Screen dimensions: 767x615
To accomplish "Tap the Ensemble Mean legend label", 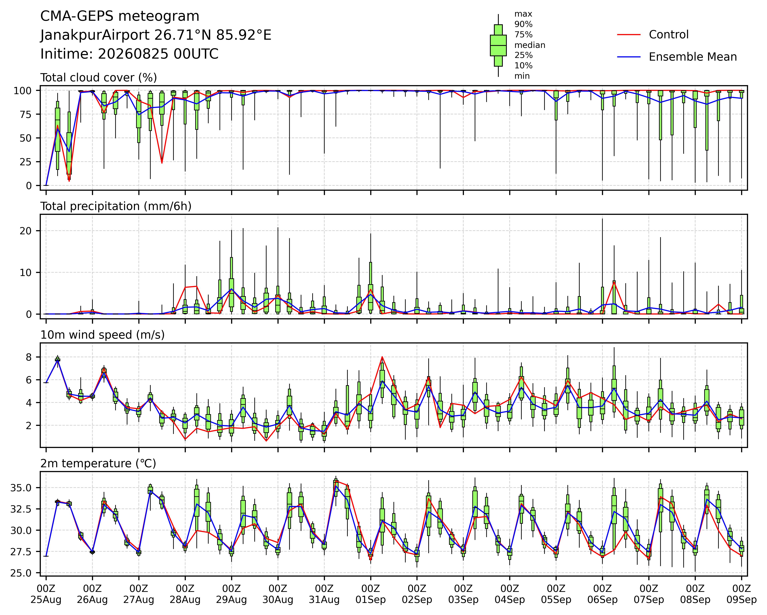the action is (693, 57).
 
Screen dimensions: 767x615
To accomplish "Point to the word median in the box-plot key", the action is (530, 45).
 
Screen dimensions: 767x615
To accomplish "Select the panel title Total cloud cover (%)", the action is (99, 78).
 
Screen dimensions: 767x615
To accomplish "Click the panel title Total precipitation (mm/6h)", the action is (116, 206).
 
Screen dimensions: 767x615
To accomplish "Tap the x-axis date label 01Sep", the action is (371, 600).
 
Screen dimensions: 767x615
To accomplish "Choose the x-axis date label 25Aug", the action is (46, 600).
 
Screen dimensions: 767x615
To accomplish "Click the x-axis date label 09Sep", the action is (741, 600).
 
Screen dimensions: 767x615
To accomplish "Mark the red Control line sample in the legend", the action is (629, 35).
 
